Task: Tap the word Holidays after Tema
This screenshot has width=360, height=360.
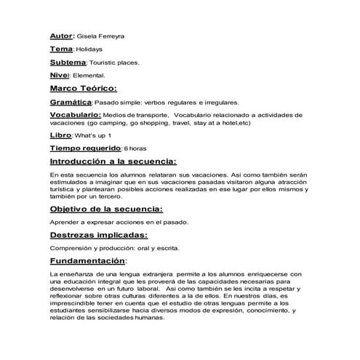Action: coord(89,49)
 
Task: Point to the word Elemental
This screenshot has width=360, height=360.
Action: coord(91,76)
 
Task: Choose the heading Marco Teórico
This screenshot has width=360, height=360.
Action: coord(83,89)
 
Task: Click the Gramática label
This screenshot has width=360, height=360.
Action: coord(71,103)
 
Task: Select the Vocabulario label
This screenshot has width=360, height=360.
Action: coord(75,116)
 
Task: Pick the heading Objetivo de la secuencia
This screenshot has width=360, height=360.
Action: coord(108,209)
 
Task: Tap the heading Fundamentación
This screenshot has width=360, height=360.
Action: coord(87,261)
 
